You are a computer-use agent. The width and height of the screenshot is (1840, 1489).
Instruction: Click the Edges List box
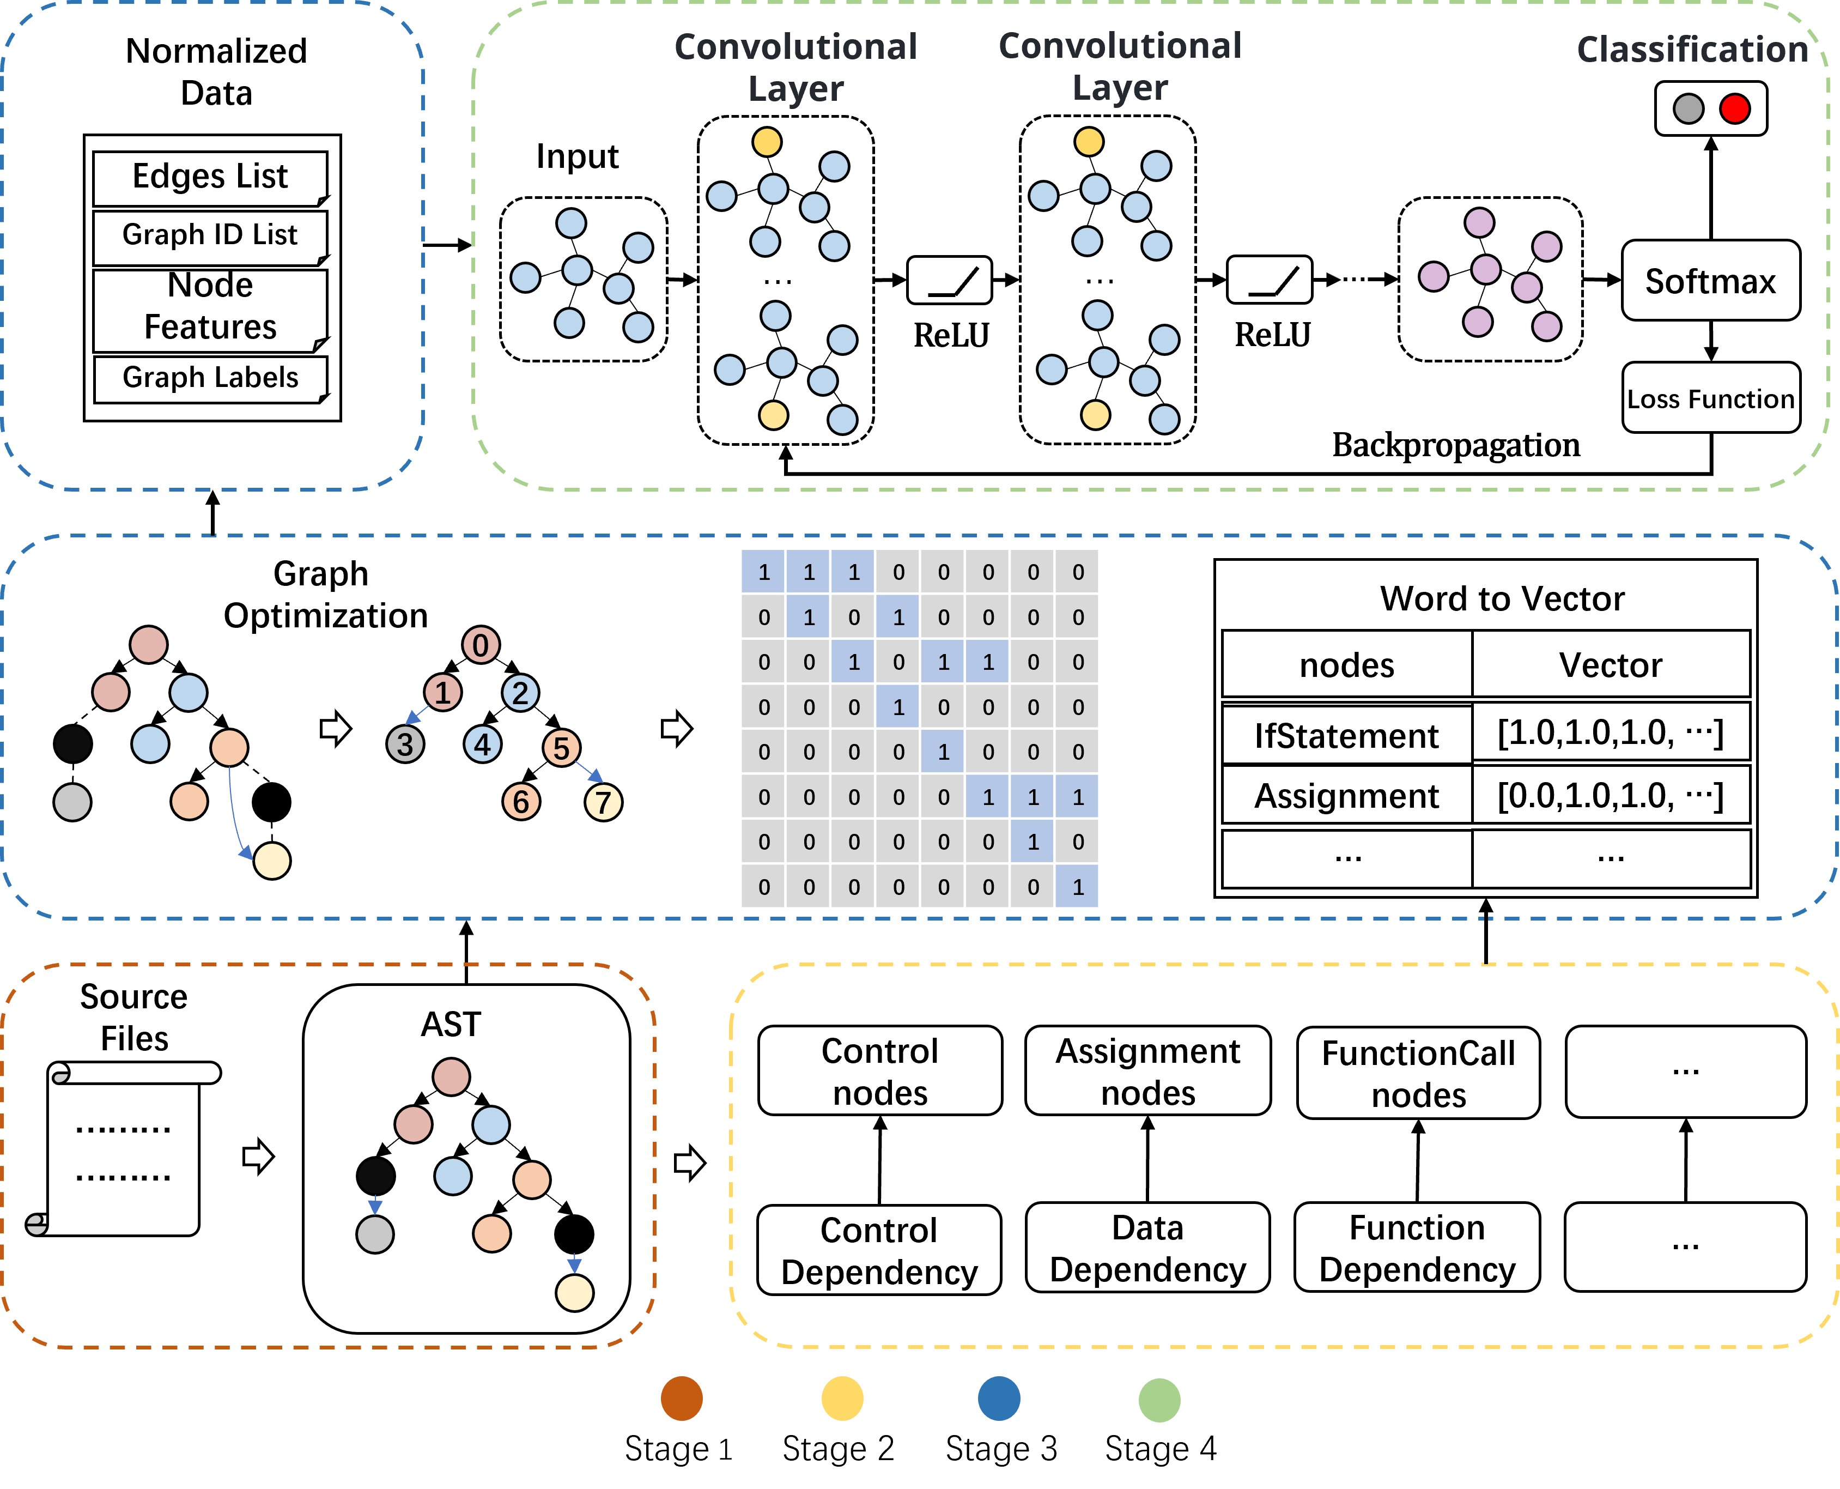210,178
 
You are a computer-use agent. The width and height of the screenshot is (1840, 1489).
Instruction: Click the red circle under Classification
1734,109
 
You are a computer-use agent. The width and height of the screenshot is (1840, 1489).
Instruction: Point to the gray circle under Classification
1688,109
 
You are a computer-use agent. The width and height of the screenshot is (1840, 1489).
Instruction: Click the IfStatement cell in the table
1346,735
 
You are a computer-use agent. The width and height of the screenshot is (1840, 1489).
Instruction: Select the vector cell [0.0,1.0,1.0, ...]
1610,796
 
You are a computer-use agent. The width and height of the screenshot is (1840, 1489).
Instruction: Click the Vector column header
1610,665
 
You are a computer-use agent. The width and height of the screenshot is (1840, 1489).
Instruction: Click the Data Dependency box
1147,1248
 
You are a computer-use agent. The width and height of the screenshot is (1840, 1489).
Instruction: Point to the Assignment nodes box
1147,1072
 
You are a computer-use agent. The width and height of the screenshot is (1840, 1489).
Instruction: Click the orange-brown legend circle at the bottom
682,1399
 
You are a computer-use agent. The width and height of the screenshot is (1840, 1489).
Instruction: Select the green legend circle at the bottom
1159,1400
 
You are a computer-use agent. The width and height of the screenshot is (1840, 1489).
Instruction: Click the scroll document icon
124,1149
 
